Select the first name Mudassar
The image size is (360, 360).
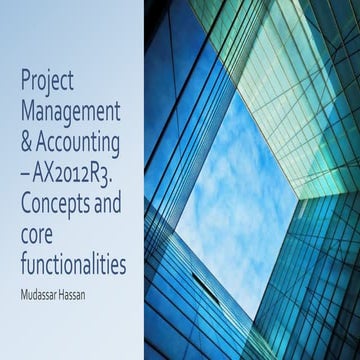tap(43, 268)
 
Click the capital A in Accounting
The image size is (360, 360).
tap(41, 135)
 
